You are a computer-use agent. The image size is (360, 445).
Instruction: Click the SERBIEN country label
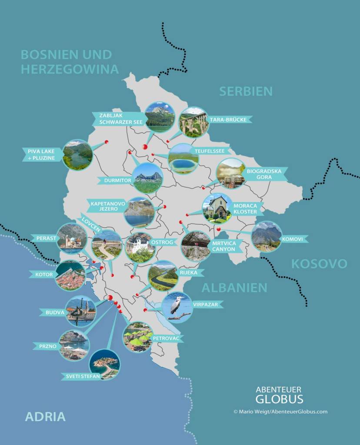point(246,91)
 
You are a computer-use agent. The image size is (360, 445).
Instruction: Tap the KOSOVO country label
point(319,264)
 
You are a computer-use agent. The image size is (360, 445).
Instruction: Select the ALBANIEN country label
point(234,288)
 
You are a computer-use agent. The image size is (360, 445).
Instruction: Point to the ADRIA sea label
point(45,416)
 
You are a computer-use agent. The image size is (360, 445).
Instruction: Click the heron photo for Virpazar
point(177,307)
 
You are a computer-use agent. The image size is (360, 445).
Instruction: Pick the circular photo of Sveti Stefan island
point(105,364)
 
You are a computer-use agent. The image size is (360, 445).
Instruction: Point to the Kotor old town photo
point(70,276)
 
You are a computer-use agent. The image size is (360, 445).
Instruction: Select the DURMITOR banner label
point(115,180)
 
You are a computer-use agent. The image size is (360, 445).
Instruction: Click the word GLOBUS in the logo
point(279,399)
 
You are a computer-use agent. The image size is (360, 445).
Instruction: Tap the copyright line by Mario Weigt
point(280,412)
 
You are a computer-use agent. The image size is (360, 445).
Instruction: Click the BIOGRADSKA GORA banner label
point(264,174)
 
